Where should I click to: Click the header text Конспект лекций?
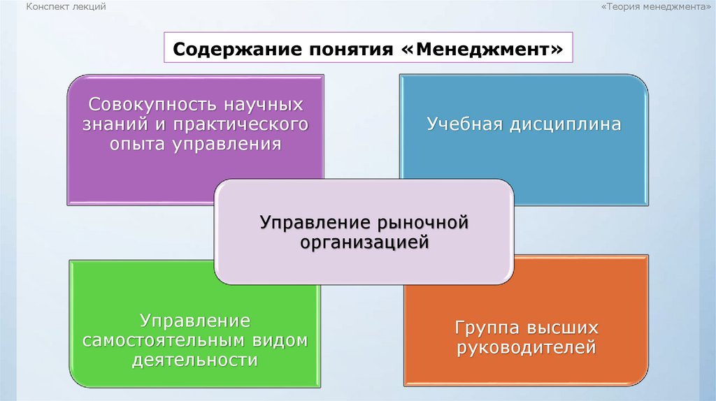coord(66,6)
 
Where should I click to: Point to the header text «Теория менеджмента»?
coord(655,6)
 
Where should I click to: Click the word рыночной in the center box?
coord(422,224)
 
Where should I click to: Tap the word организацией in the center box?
coord(364,243)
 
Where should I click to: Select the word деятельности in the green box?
coord(194,360)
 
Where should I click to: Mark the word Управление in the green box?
coord(194,321)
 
